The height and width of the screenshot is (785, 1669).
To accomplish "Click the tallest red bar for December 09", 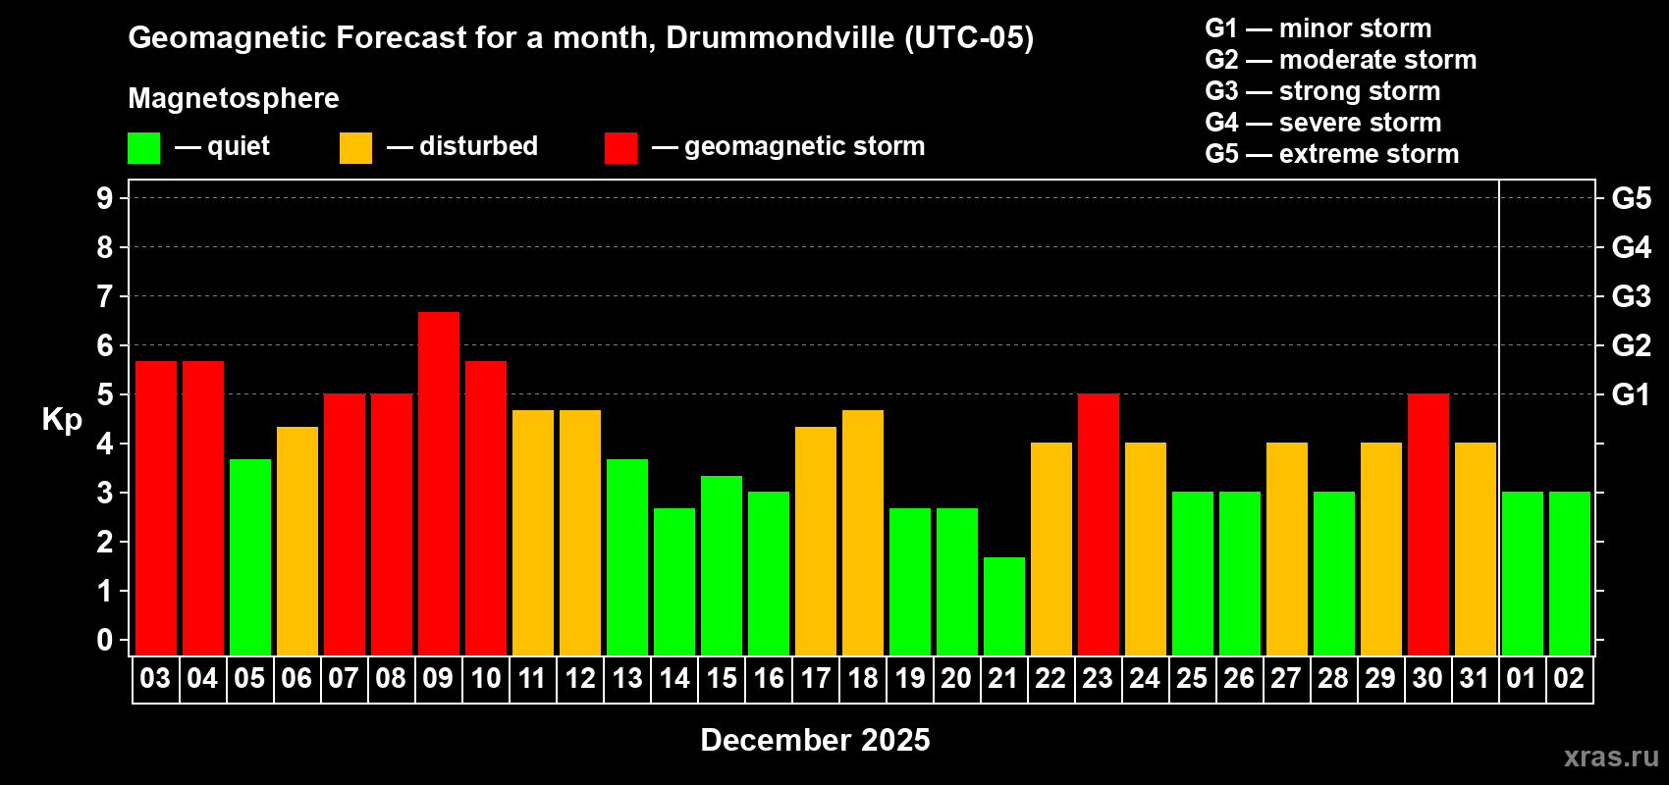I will (x=439, y=483).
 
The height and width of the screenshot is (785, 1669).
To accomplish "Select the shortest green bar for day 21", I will (x=1004, y=605).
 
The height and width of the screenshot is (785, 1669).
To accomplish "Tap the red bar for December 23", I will (x=1099, y=524).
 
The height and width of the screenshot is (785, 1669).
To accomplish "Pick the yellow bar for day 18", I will (x=863, y=532).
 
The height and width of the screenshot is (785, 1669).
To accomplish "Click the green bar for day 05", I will (x=250, y=556).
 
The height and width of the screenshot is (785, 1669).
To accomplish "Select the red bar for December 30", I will (x=1428, y=524).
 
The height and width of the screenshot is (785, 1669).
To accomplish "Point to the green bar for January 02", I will (x=1570, y=573).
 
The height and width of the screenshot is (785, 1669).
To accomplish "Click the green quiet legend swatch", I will (x=144, y=148).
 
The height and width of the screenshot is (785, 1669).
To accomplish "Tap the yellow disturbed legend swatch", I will (x=355, y=148).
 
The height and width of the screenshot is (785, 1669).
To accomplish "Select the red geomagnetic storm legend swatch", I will (x=620, y=148).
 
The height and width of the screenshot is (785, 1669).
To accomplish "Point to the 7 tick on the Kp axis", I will (x=105, y=296).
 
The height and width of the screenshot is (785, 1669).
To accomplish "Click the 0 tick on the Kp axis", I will (x=105, y=641).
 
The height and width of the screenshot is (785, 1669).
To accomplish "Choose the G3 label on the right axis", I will (x=1631, y=296).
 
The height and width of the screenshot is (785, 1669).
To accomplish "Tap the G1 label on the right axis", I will (x=1631, y=394).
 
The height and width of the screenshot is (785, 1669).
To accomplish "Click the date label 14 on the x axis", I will (x=674, y=679).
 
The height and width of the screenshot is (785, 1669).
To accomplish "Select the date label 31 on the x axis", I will (x=1475, y=679).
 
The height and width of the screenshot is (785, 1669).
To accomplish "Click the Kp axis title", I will (x=62, y=419).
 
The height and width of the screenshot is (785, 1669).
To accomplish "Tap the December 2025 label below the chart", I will (x=815, y=740).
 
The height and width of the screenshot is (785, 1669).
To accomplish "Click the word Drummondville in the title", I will (x=781, y=38).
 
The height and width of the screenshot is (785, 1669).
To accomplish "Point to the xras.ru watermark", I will (x=1611, y=757).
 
